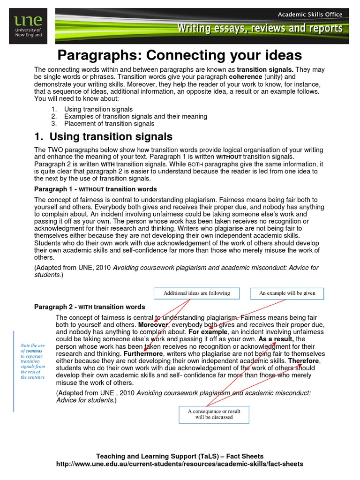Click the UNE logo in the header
click(x=29, y=27)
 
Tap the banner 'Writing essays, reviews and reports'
click(x=259, y=29)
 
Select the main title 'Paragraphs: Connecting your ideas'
click(x=179, y=55)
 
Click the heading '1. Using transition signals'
click(x=104, y=136)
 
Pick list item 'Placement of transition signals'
click(x=109, y=124)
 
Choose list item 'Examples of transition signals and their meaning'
click(x=135, y=116)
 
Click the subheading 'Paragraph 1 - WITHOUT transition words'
click(x=96, y=189)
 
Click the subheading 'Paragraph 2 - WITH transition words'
click(x=90, y=307)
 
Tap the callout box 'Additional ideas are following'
click(x=196, y=293)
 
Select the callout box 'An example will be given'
click(x=287, y=293)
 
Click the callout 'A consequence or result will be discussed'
click(x=214, y=414)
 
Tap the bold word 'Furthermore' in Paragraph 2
click(x=143, y=354)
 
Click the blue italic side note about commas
click(x=33, y=361)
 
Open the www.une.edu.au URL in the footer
click(x=180, y=464)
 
